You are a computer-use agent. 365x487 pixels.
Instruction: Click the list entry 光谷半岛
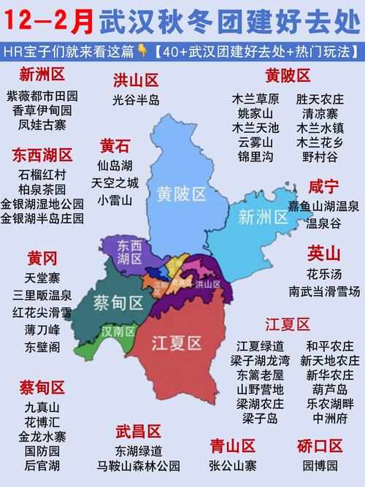tap(136, 100)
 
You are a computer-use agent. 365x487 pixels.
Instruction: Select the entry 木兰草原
tap(255, 97)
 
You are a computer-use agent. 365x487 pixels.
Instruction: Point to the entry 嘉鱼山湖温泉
tap(323, 208)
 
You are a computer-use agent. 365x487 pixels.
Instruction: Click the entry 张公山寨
tap(233, 465)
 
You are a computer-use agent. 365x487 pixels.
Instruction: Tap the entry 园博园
tap(319, 465)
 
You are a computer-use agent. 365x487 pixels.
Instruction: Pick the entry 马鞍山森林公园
tap(138, 465)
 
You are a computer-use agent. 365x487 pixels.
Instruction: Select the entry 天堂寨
tap(42, 278)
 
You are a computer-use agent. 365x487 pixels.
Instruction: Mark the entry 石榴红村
tap(42, 174)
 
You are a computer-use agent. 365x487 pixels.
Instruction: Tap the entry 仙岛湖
tap(115, 165)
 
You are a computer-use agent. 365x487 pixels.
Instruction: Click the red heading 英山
tap(323, 253)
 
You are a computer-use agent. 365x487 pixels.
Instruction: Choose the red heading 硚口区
tap(320, 445)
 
